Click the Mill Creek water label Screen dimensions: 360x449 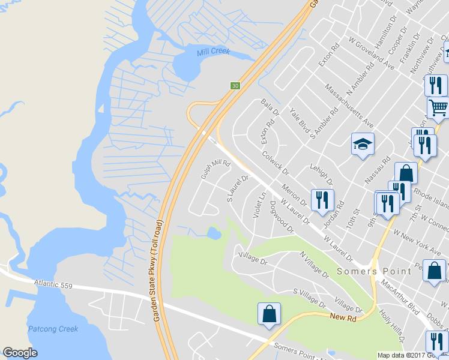pyautogui.click(x=213, y=52)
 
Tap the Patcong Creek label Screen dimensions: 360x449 pyautogui.click(x=53, y=329)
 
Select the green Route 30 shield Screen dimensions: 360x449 pyautogui.click(x=235, y=86)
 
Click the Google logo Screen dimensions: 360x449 pyautogui.click(x=20, y=353)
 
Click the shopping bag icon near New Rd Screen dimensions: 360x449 pyautogui.click(x=269, y=314)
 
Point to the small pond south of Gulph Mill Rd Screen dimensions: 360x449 pyautogui.click(x=213, y=232)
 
